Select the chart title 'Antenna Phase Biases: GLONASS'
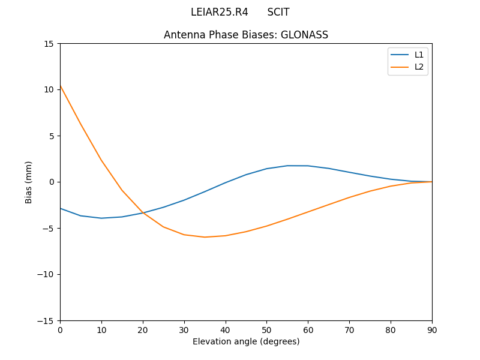[x=246, y=35]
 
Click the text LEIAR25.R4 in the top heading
[x=219, y=12]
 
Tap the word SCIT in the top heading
[x=278, y=12]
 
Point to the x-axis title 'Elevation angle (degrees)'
[x=246, y=341]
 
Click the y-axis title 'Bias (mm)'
[x=29, y=182]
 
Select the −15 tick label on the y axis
[x=47, y=320]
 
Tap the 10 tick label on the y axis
[x=49, y=90]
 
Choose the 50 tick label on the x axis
[x=266, y=329]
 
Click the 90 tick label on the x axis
[x=431, y=329]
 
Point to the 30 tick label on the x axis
[x=184, y=329]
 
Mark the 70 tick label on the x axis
[x=349, y=329]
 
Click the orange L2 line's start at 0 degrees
[x=60, y=86]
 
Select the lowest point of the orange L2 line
[x=205, y=237]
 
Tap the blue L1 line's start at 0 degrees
[x=60, y=208]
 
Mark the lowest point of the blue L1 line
[x=101, y=218]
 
